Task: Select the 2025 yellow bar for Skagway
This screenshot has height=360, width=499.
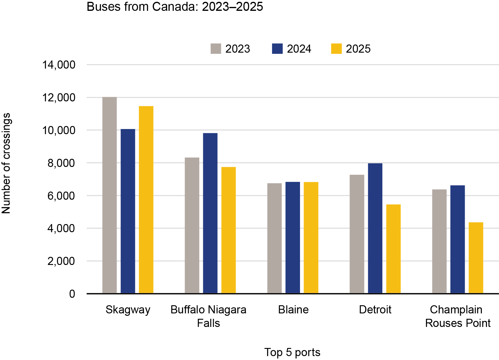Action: pos(146,200)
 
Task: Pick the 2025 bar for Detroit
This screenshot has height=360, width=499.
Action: pos(393,249)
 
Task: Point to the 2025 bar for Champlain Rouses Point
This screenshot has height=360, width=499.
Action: pos(476,258)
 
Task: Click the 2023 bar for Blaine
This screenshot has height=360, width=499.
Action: pos(274,238)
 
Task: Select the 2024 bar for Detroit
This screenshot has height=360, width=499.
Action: pos(375,228)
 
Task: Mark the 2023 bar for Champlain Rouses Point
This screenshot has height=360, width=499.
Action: pos(439,241)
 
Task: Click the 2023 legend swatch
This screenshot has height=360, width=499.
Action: pos(216,49)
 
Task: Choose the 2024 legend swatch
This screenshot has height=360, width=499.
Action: pos(277,49)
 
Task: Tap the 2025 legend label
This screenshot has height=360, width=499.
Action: pos(358,49)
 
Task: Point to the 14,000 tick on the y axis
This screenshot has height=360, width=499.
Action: pos(59,65)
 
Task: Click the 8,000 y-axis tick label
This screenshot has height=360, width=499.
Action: pos(61,163)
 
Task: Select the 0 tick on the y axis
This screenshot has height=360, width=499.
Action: pos(72,294)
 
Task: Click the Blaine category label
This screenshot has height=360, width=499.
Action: pos(293,309)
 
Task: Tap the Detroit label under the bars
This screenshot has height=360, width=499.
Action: pos(375,309)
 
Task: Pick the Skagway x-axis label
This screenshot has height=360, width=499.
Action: pos(128,309)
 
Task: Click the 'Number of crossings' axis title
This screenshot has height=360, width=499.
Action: pos(6,163)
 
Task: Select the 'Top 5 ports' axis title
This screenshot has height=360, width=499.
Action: pos(292,352)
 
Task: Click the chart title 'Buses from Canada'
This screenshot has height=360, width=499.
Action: pos(175,7)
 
